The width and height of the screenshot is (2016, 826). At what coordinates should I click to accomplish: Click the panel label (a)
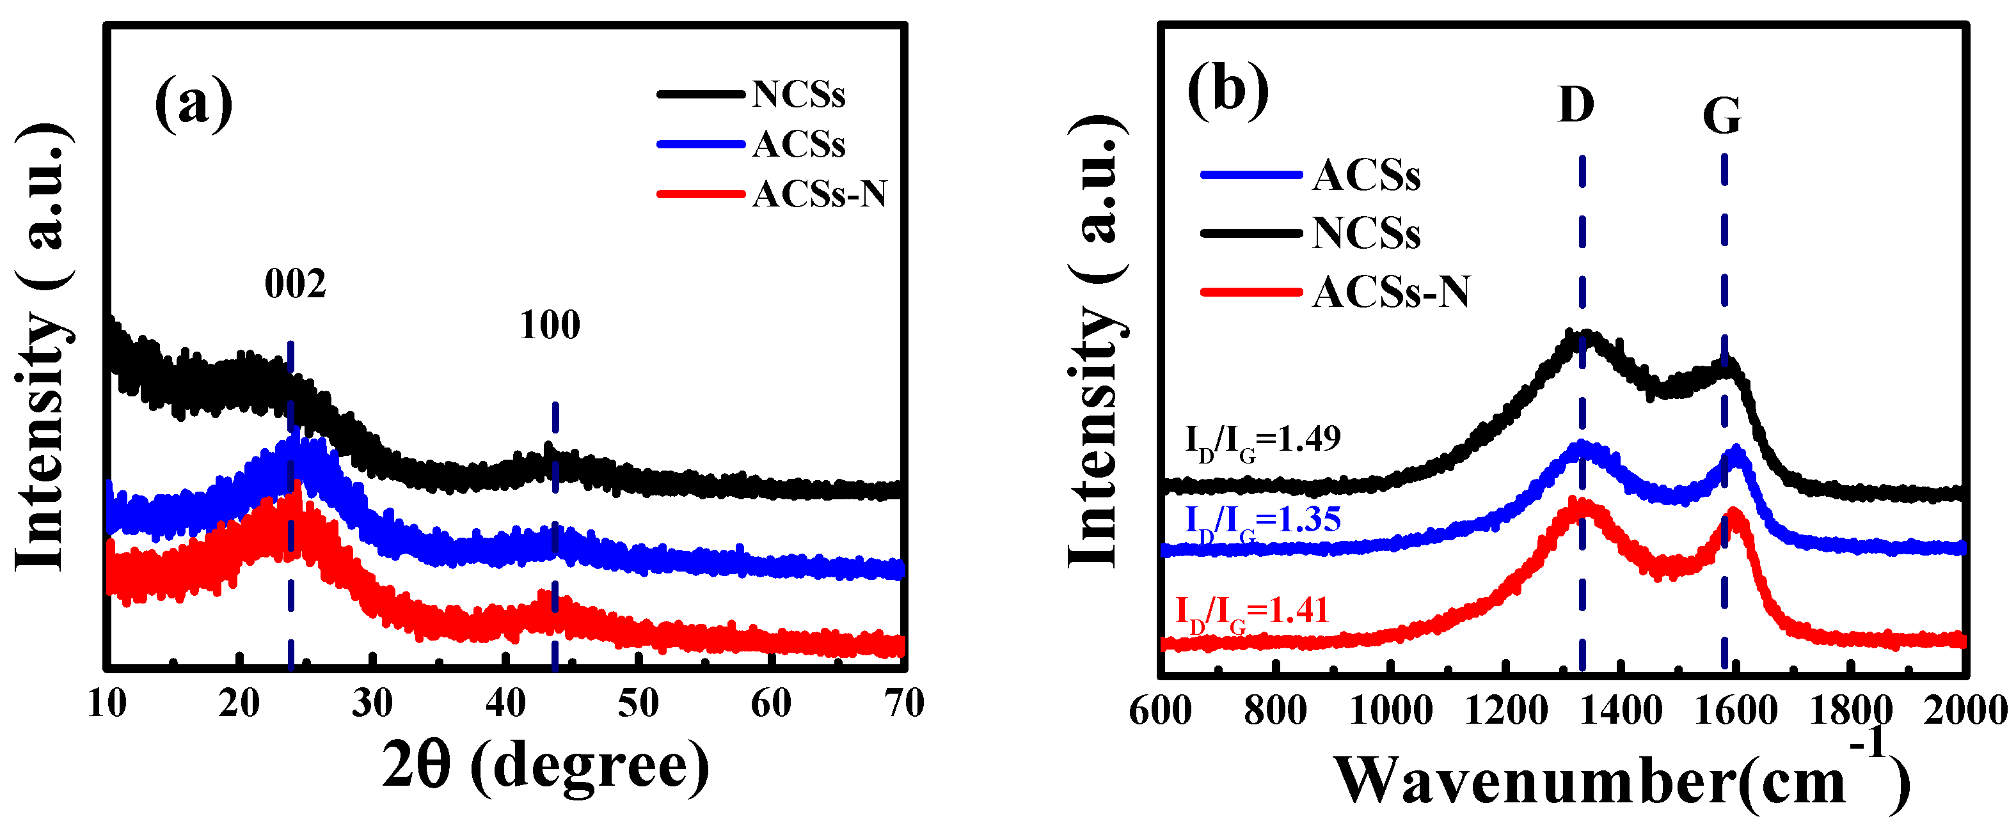pyautogui.click(x=193, y=104)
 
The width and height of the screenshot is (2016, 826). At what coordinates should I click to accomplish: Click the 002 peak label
pyautogui.click(x=295, y=284)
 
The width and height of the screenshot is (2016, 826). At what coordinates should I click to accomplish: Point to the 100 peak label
pyautogui.click(x=550, y=325)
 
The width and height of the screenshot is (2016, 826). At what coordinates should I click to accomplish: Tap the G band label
pyautogui.click(x=1722, y=116)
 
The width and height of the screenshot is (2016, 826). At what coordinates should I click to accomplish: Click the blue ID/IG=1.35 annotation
pyautogui.click(x=1262, y=522)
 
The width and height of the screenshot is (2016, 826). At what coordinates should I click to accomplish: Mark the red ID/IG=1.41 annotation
pyautogui.click(x=1252, y=612)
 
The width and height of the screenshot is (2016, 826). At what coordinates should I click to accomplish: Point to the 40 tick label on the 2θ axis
pyautogui.click(x=505, y=704)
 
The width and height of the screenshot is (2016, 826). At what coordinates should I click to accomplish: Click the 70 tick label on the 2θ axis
pyautogui.click(x=905, y=704)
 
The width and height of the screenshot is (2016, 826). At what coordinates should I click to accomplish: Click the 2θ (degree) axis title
pyautogui.click(x=546, y=767)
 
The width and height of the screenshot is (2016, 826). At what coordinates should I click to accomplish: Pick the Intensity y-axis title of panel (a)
pyautogui.click(x=43, y=348)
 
